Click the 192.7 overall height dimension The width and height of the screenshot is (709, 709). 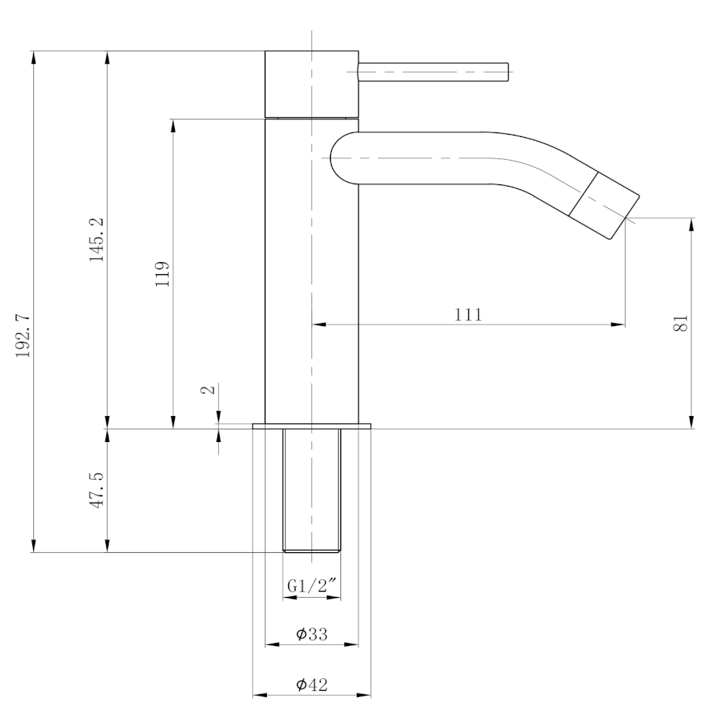[23, 335]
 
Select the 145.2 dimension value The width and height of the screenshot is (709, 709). [96, 239]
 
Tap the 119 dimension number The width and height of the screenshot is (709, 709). [161, 273]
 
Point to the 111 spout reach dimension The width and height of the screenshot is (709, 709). [468, 314]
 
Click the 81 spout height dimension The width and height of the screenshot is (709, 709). [681, 323]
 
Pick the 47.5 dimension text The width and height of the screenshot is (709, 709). [96, 490]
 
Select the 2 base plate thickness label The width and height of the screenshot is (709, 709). [207, 389]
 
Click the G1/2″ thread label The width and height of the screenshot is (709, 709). [312, 585]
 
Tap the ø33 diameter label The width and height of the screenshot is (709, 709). [311, 633]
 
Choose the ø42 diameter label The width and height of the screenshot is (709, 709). [311, 684]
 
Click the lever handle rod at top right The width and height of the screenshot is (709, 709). [433, 72]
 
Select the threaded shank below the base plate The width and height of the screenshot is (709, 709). [311, 491]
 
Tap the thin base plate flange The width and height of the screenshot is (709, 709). [311, 426]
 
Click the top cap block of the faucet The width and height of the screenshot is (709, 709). [311, 84]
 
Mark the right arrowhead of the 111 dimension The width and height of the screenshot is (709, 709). [618, 325]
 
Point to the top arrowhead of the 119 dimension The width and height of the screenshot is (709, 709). [173, 126]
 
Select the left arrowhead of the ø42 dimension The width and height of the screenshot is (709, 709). [259, 695]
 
